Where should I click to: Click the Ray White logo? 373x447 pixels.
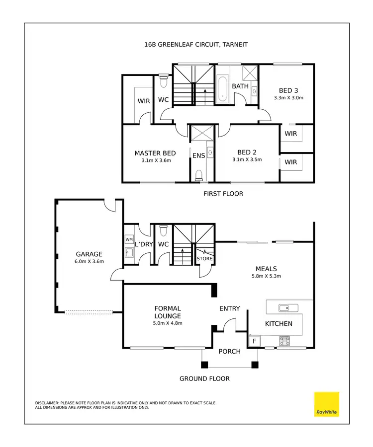click(x=327, y=404)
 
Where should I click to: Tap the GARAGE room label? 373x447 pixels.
click(x=89, y=254)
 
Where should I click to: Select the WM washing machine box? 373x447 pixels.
click(x=129, y=239)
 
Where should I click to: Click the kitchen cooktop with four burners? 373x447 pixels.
click(x=285, y=341)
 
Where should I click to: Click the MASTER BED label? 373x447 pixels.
click(x=155, y=153)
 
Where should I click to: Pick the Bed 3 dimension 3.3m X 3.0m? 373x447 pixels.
click(x=288, y=98)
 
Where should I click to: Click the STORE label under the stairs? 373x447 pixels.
click(x=204, y=259)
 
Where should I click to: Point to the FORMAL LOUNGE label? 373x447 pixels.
click(x=168, y=312)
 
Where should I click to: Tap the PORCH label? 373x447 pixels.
click(x=230, y=351)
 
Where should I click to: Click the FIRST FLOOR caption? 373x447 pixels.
click(x=223, y=193)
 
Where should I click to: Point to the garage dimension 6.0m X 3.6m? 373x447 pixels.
click(x=89, y=261)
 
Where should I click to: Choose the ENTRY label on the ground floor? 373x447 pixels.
click(x=230, y=308)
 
